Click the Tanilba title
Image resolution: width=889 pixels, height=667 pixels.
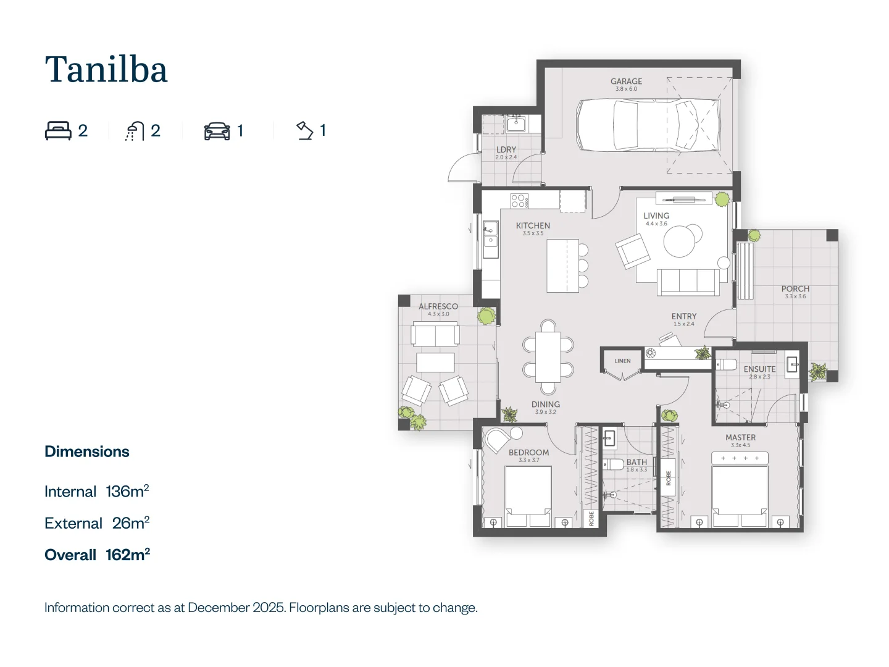click(106, 69)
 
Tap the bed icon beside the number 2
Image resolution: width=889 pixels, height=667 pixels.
click(58, 131)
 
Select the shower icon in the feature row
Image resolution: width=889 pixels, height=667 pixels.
click(134, 131)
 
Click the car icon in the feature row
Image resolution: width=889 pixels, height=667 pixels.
click(217, 131)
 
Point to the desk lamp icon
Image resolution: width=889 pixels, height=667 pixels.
click(305, 130)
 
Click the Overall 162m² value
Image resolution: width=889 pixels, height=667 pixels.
click(97, 555)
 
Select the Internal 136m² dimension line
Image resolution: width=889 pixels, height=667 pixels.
click(97, 492)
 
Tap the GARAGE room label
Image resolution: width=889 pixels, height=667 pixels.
click(626, 82)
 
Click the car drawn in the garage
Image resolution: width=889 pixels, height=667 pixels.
click(648, 125)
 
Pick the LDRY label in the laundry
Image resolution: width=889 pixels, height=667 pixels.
click(506, 149)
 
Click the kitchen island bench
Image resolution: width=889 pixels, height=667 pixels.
click(562, 266)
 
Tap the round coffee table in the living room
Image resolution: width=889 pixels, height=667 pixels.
click(679, 241)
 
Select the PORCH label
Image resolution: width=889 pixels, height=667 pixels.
click(795, 288)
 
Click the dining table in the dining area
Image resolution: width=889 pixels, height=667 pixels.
click(548, 357)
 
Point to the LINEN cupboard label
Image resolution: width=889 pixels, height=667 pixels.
click(622, 361)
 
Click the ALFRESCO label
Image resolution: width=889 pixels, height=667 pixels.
click(438, 306)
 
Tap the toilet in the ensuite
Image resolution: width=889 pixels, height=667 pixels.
click(726, 364)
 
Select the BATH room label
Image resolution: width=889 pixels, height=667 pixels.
click(636, 462)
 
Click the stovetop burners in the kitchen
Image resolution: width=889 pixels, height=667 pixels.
click(519, 200)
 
